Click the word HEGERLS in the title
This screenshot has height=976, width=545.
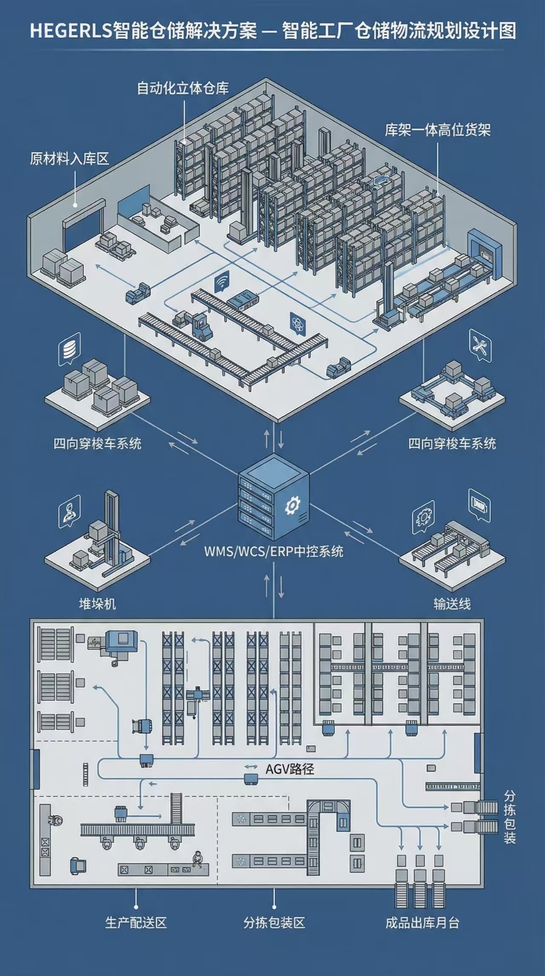(70, 31)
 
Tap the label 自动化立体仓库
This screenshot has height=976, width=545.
(183, 88)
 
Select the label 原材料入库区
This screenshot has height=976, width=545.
(69, 159)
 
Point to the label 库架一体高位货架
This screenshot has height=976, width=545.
(438, 130)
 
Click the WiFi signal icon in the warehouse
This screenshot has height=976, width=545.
(221, 281)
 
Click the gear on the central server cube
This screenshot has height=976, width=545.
(293, 506)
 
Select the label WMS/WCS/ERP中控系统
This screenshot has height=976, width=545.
(273, 552)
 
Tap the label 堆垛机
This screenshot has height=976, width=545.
(98, 604)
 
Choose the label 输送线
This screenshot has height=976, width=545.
(452, 604)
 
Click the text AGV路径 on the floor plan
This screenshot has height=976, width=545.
(290, 769)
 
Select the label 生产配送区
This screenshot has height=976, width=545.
(136, 923)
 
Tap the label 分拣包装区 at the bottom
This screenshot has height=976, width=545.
(274, 923)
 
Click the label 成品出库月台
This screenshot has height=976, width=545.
(422, 923)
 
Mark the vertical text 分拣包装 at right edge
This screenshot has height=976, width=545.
(510, 817)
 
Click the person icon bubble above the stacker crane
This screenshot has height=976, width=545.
(69, 511)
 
